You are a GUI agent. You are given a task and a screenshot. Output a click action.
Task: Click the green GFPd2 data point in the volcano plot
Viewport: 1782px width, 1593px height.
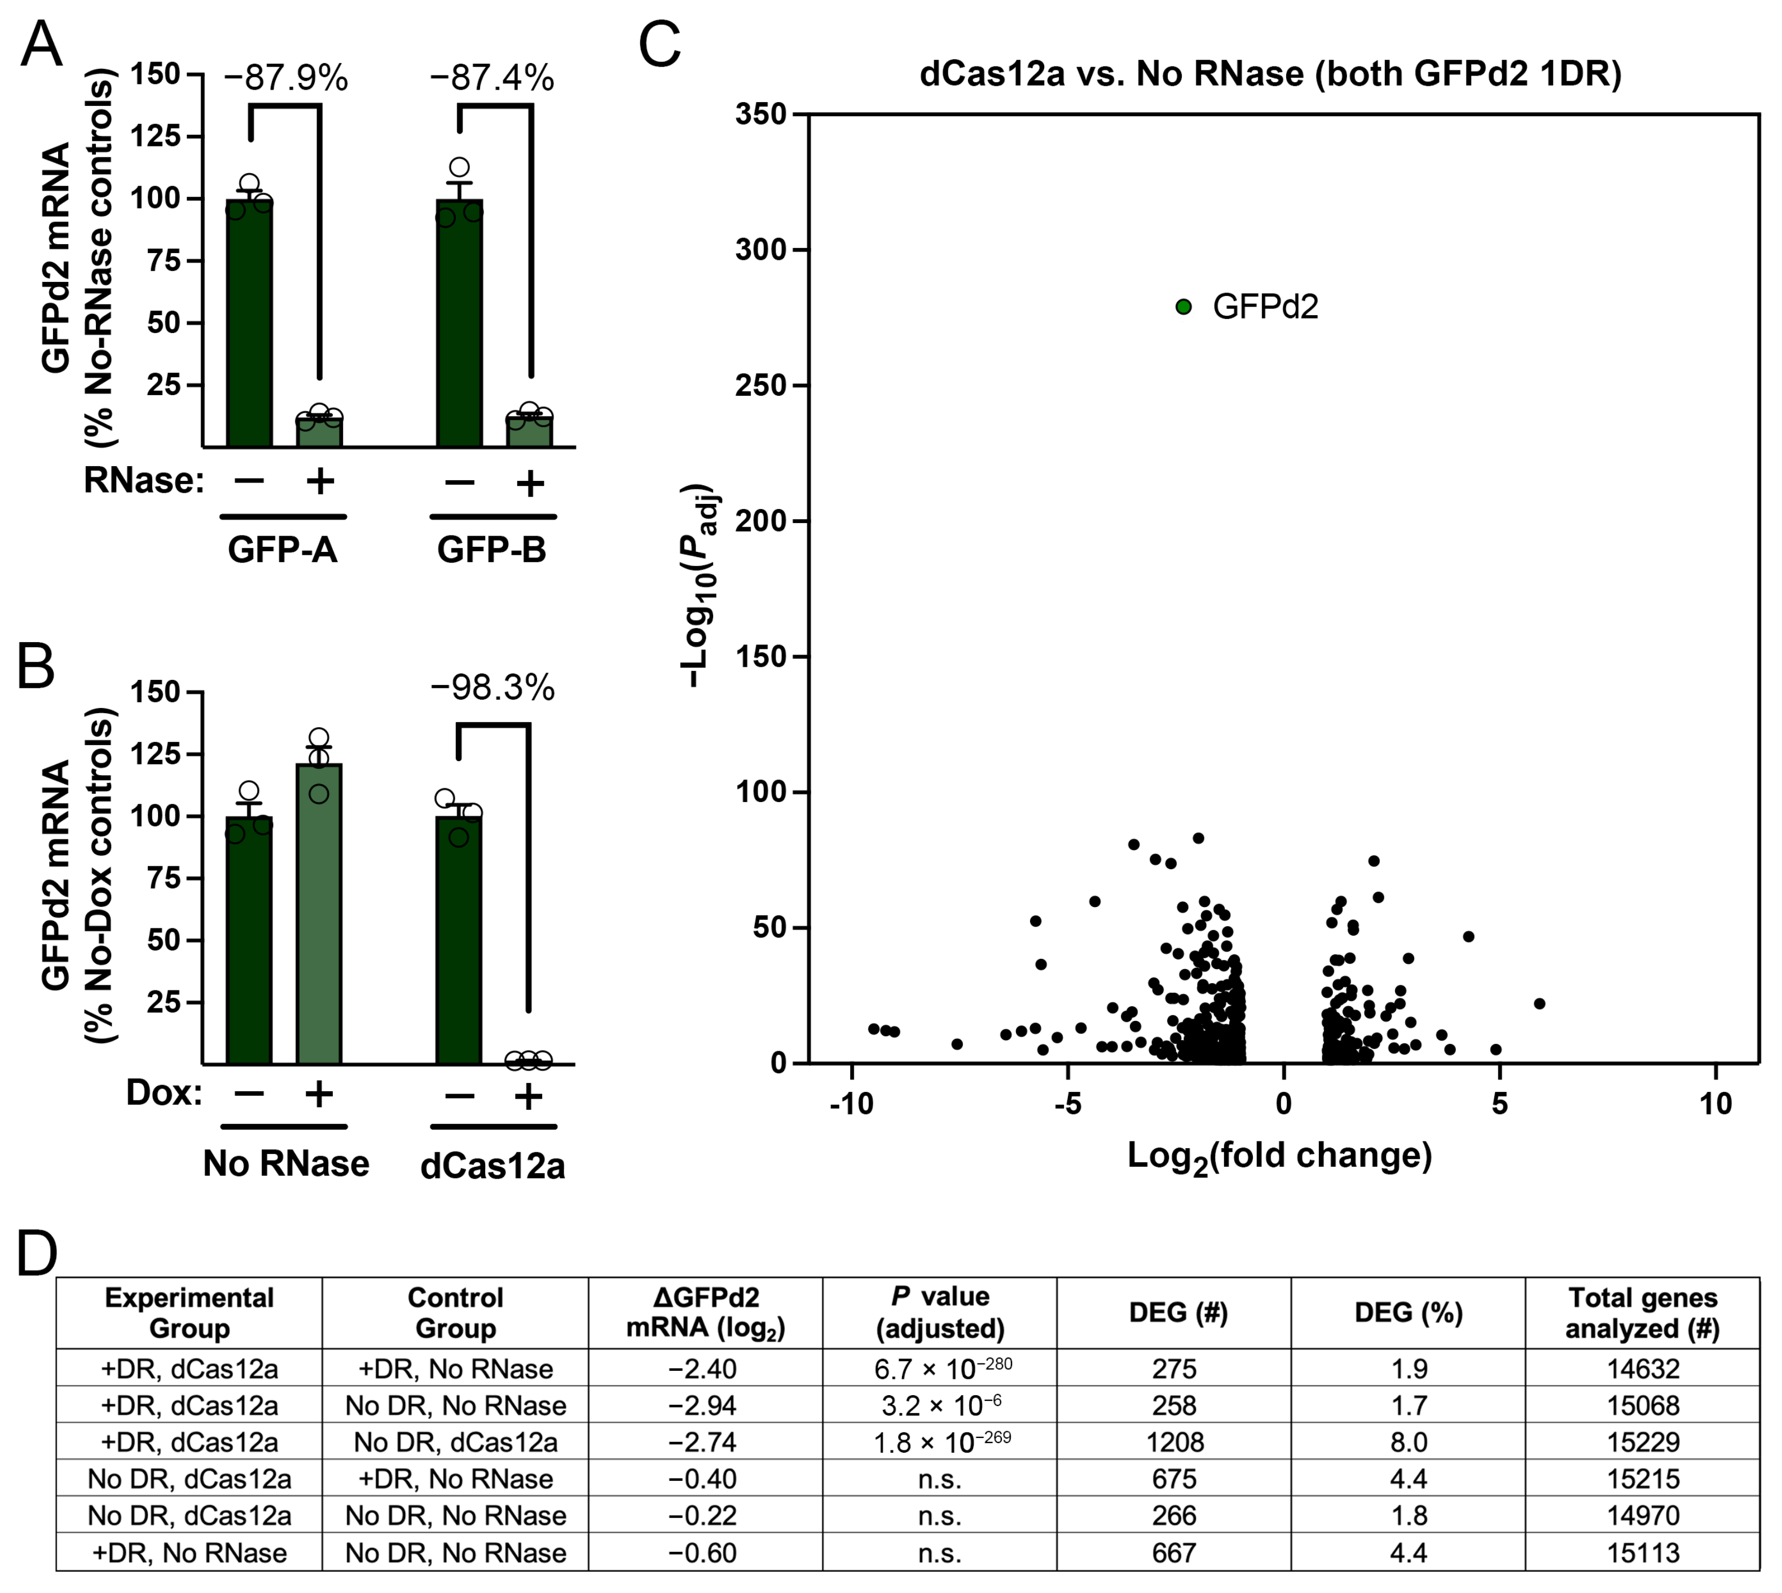click(1183, 306)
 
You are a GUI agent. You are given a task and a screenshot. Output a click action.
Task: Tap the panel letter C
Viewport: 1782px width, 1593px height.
click(659, 46)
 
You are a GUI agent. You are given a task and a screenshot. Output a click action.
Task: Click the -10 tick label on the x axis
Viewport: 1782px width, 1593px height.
click(851, 1105)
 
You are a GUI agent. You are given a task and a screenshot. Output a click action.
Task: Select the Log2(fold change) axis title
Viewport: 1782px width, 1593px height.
click(1279, 1156)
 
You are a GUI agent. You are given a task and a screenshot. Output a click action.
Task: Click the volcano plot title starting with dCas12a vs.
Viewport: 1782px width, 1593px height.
click(1270, 73)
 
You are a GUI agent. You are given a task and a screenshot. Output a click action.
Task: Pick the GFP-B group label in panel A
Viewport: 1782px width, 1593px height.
click(491, 550)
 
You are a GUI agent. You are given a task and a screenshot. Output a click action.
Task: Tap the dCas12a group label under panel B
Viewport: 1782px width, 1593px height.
click(492, 1166)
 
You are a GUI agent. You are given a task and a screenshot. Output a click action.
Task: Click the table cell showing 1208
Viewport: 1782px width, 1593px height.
click(1174, 1441)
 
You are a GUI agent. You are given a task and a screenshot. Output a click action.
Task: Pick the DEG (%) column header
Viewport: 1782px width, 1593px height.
click(1408, 1312)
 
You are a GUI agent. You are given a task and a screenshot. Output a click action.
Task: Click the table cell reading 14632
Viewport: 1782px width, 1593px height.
click(1642, 1368)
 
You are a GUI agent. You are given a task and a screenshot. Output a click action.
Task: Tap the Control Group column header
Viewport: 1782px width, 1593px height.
click(455, 1312)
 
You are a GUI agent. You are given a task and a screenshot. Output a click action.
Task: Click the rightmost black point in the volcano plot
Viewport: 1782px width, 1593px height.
click(1539, 1004)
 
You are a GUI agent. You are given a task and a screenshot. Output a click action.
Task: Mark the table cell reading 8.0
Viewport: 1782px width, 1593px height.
click(1408, 1441)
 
